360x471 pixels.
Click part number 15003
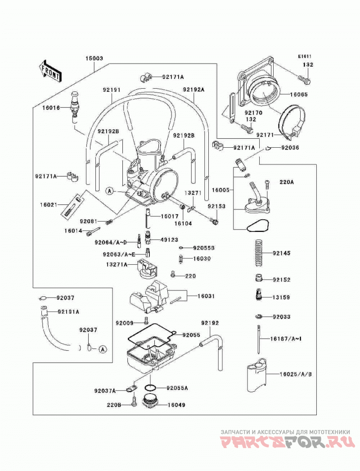point(94,58)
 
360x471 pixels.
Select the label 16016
point(51,108)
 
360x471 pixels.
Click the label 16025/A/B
point(296,374)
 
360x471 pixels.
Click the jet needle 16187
point(258,339)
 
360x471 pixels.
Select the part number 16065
point(299,94)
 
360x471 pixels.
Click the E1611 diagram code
point(305,56)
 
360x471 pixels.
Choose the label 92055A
point(177,388)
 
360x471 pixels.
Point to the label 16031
point(206,296)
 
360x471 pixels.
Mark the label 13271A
point(117,264)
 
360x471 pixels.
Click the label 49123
point(169,240)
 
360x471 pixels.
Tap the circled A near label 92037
point(103,349)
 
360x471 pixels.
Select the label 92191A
point(68,312)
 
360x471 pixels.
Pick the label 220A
point(287,182)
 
